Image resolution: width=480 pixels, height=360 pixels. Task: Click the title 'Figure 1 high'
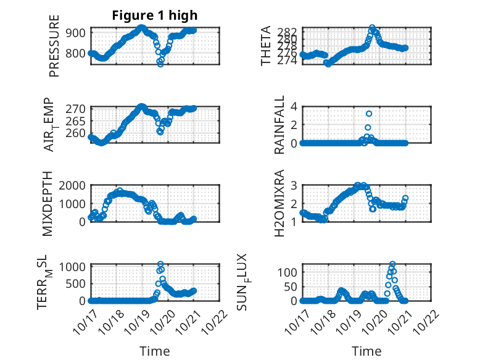155,15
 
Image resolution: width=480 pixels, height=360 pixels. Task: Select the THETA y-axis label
266,46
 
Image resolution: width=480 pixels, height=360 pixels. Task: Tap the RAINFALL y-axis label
279,124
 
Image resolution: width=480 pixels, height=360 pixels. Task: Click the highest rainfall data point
369,114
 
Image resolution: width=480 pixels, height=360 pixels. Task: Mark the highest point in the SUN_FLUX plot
392,264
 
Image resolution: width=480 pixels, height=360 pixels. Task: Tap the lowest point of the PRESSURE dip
160,64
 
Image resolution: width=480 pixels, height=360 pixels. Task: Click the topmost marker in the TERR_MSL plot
160,264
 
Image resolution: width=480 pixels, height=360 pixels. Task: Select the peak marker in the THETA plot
372,28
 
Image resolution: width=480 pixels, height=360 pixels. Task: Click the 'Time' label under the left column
154,351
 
